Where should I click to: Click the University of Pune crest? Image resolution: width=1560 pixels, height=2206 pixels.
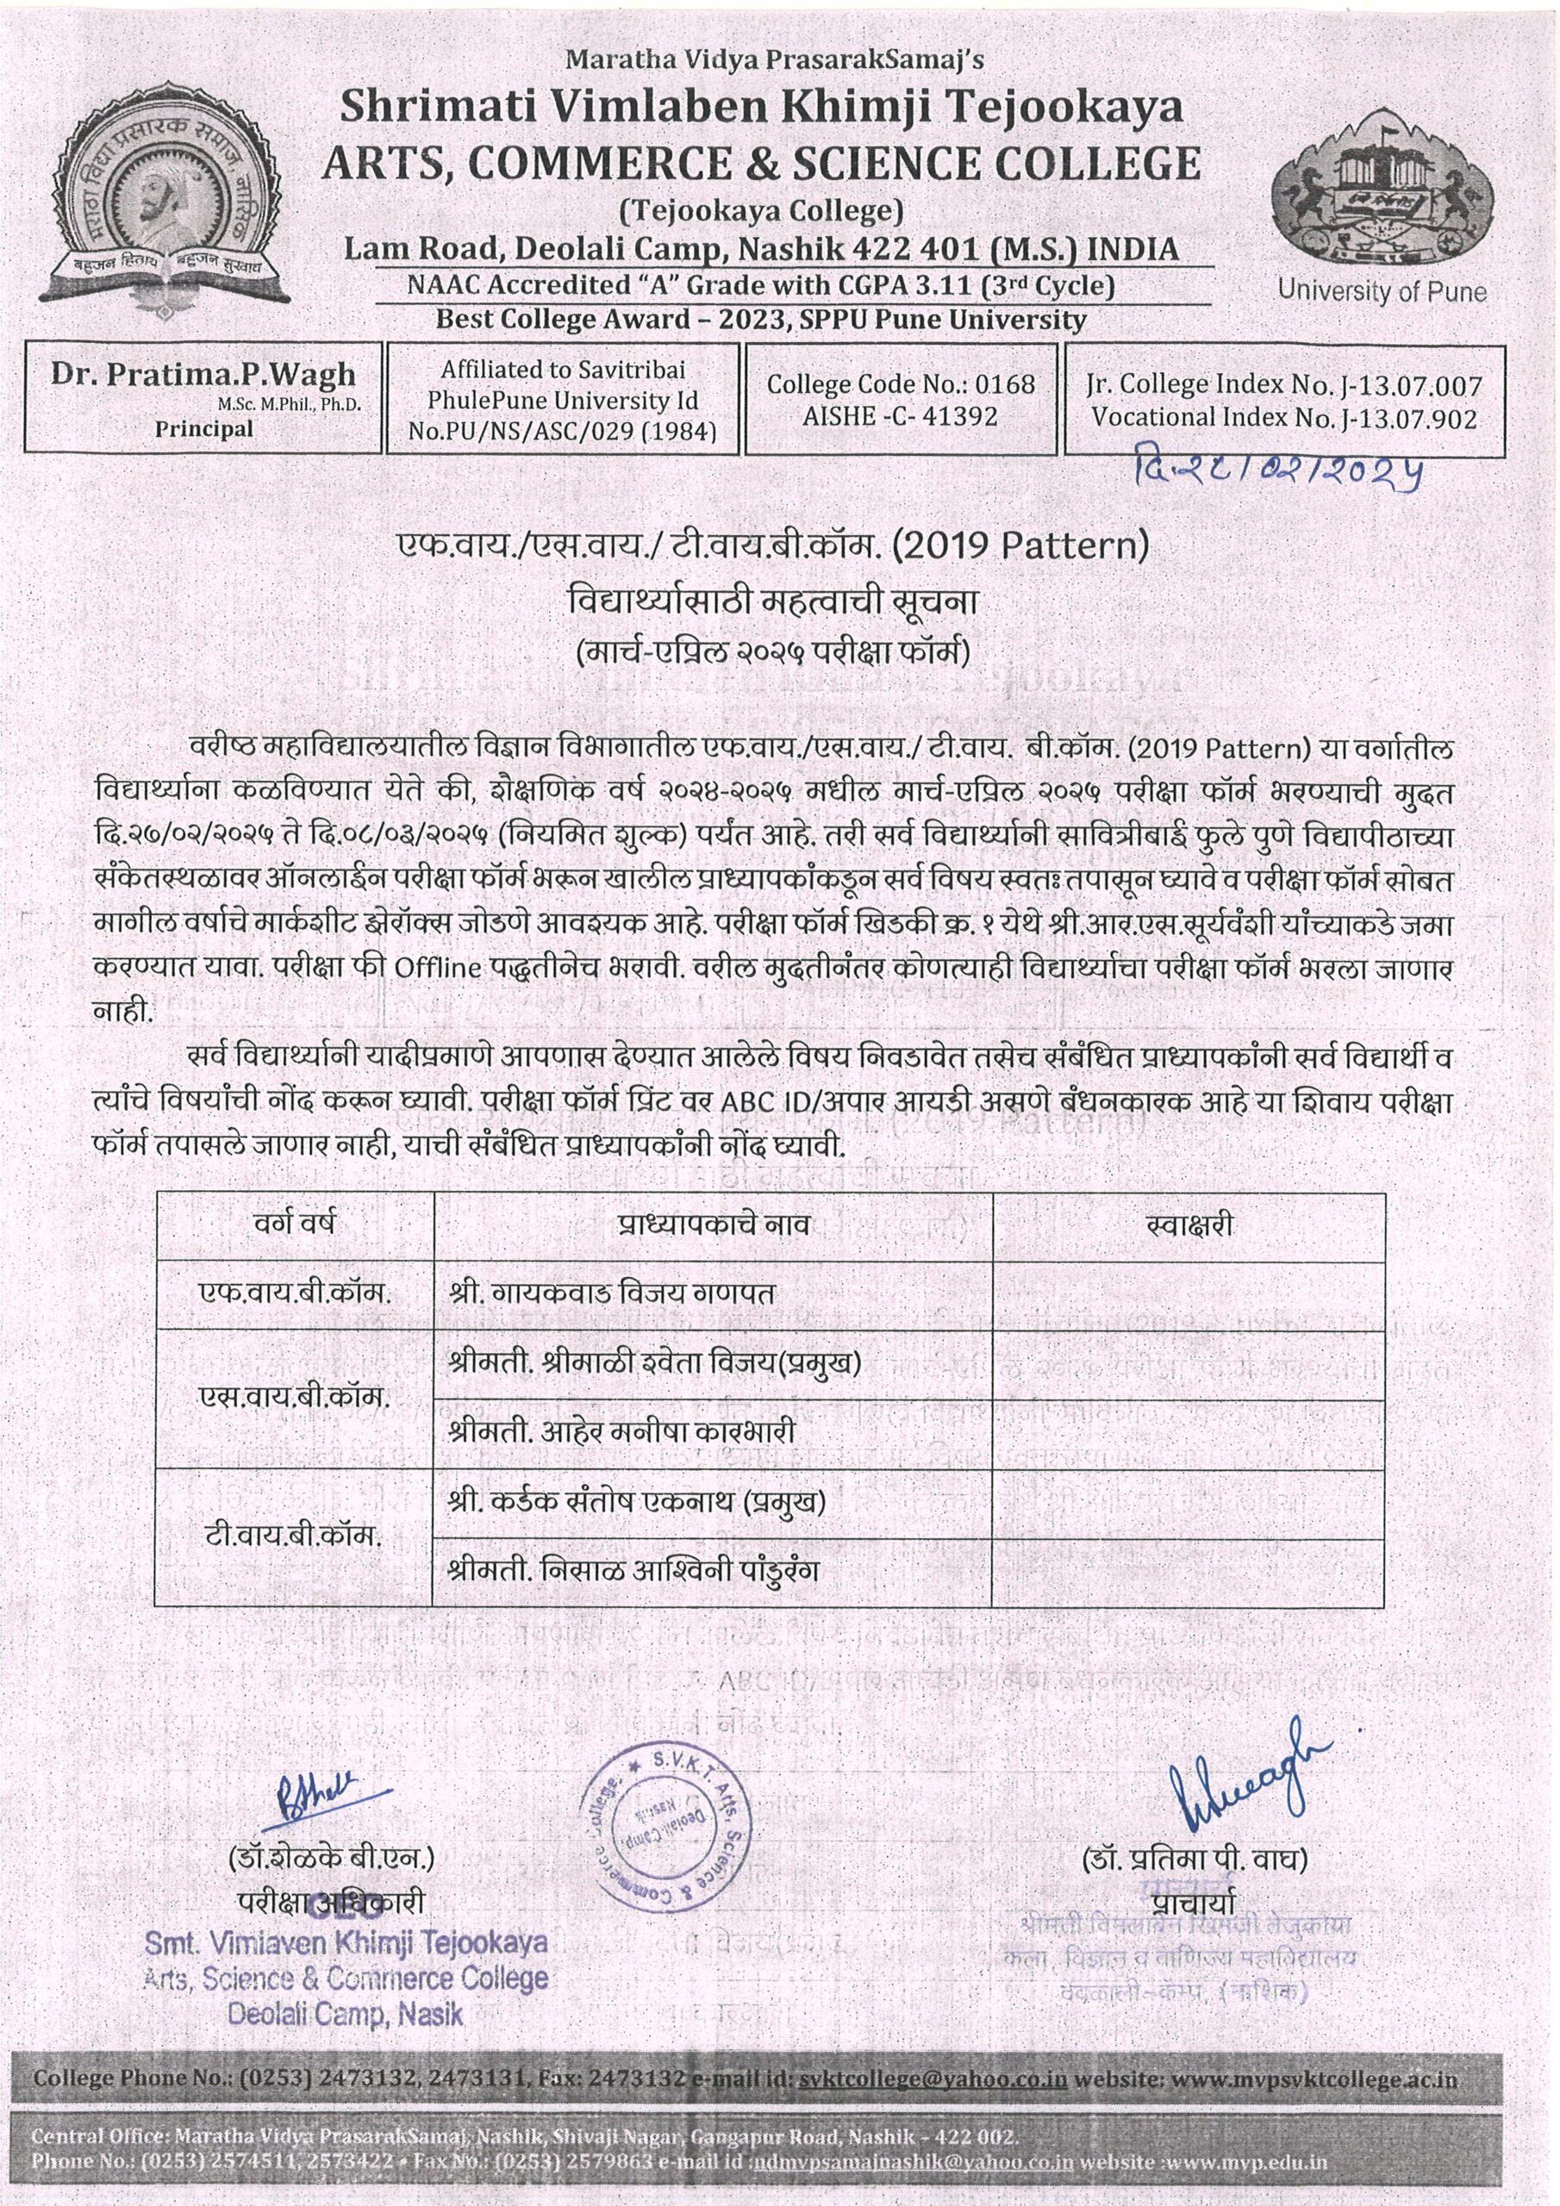[x=1379, y=197]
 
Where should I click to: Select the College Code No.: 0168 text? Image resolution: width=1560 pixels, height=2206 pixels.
[x=901, y=384]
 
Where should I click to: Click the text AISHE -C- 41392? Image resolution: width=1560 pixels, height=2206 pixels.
[x=901, y=416]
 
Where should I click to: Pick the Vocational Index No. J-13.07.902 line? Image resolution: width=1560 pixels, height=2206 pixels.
[x=1284, y=418]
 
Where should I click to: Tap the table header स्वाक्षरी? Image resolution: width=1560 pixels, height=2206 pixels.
[x=1189, y=1225]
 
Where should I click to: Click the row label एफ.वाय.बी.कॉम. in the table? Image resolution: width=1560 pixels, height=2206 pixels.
[x=294, y=1293]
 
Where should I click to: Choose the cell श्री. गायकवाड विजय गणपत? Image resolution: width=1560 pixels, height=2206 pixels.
[x=611, y=1293]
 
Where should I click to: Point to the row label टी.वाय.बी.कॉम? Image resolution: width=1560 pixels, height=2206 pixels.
[x=294, y=1536]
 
